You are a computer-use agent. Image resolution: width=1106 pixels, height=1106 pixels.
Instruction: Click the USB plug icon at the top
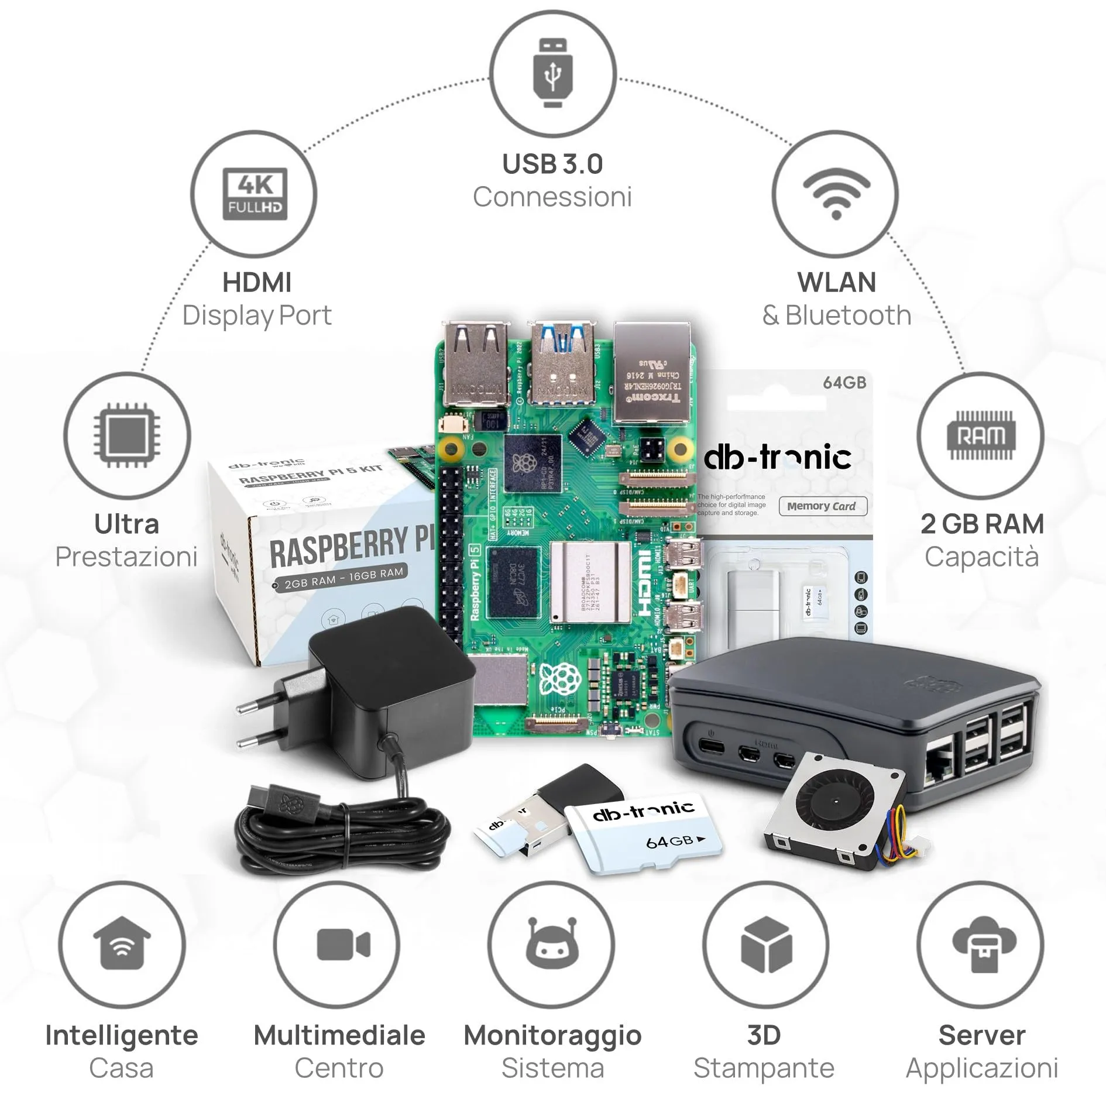[552, 73]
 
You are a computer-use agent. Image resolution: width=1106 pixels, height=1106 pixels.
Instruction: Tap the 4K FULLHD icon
[255, 194]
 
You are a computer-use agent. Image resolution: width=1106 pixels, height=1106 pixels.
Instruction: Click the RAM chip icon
[980, 435]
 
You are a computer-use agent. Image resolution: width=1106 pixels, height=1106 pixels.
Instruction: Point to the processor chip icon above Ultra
[127, 435]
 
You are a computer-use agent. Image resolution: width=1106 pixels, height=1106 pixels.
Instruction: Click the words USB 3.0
[552, 164]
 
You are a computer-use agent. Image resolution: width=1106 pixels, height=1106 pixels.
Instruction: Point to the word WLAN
[836, 283]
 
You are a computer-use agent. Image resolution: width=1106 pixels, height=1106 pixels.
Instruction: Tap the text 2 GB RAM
[982, 524]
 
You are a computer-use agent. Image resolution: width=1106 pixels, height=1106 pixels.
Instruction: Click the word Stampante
[764, 1068]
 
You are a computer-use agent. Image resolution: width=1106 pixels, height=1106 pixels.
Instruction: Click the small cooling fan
[831, 805]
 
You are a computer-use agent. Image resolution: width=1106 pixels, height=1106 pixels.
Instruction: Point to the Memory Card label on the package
[822, 506]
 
